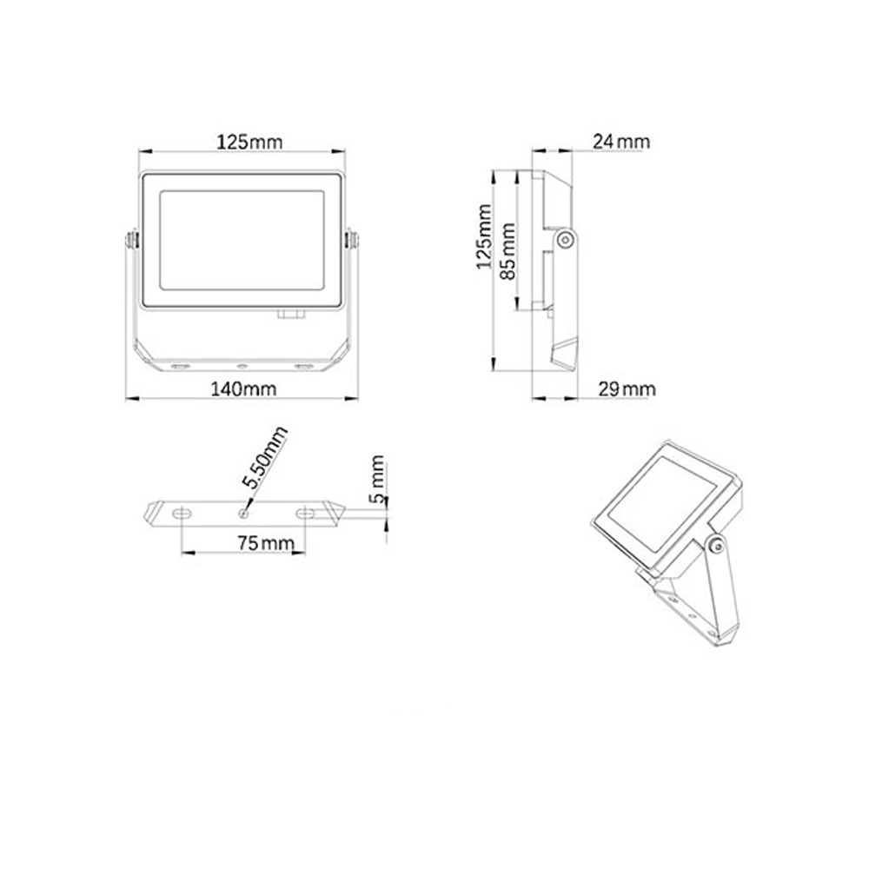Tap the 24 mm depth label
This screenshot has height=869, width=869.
(620, 142)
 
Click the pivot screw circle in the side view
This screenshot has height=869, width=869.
(566, 238)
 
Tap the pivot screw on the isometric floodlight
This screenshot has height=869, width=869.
(715, 545)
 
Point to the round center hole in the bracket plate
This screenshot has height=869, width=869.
(244, 513)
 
